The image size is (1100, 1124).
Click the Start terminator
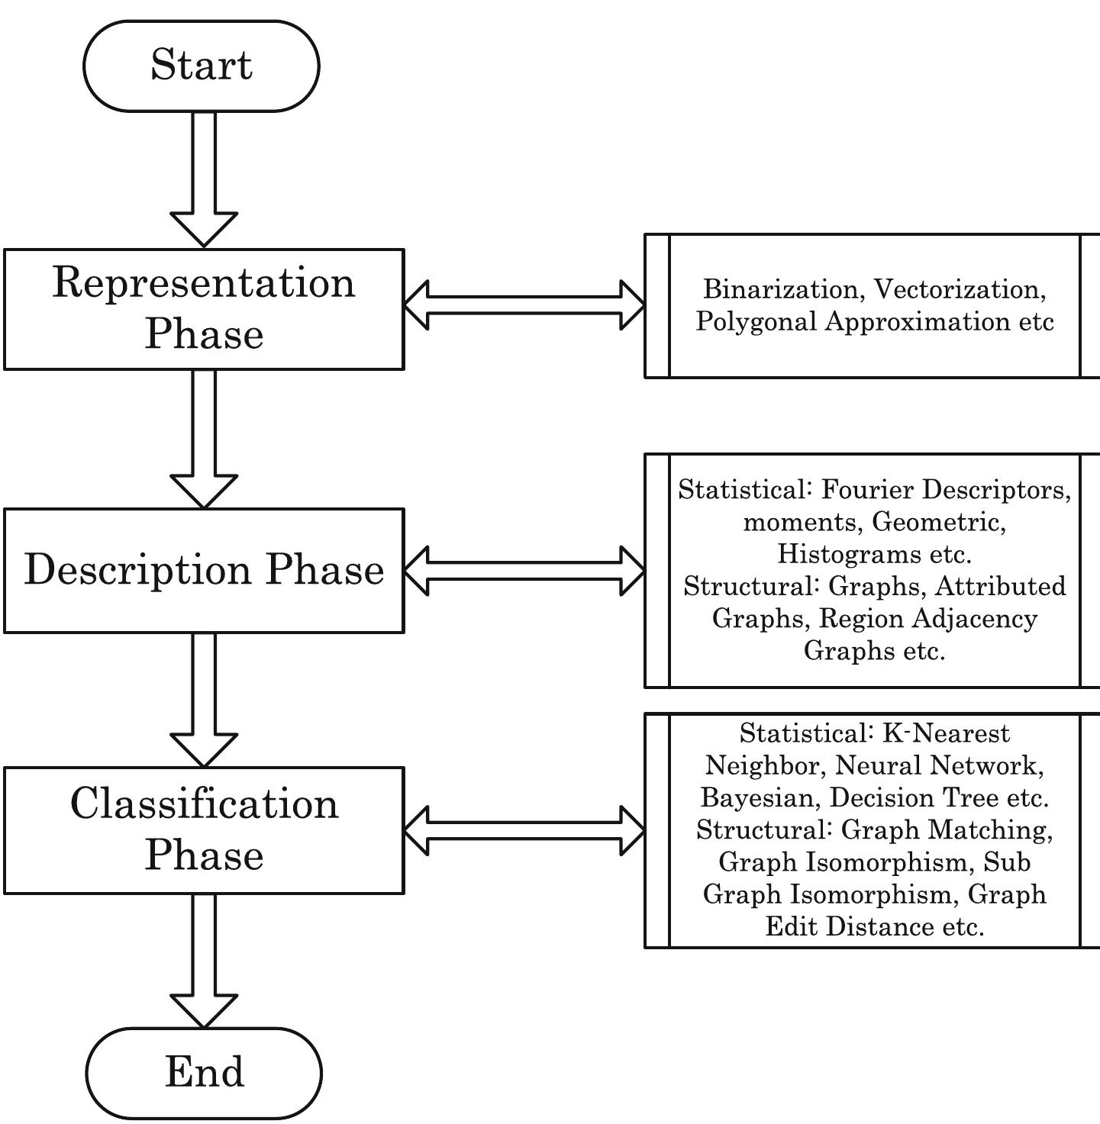(201, 66)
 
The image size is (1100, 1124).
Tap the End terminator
(204, 1072)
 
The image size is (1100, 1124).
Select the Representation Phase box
(204, 309)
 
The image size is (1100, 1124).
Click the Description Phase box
(204, 570)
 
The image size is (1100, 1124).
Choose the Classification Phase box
(204, 830)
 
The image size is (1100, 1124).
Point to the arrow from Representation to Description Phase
(204, 438)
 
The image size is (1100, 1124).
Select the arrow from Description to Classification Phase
(204, 698)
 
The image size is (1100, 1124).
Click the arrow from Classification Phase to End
(204, 959)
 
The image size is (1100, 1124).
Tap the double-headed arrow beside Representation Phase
(524, 305)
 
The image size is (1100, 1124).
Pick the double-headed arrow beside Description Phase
(524, 570)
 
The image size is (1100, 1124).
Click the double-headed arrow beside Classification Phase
(524, 830)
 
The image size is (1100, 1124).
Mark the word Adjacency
(980, 619)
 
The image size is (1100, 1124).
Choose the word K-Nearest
(946, 733)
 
